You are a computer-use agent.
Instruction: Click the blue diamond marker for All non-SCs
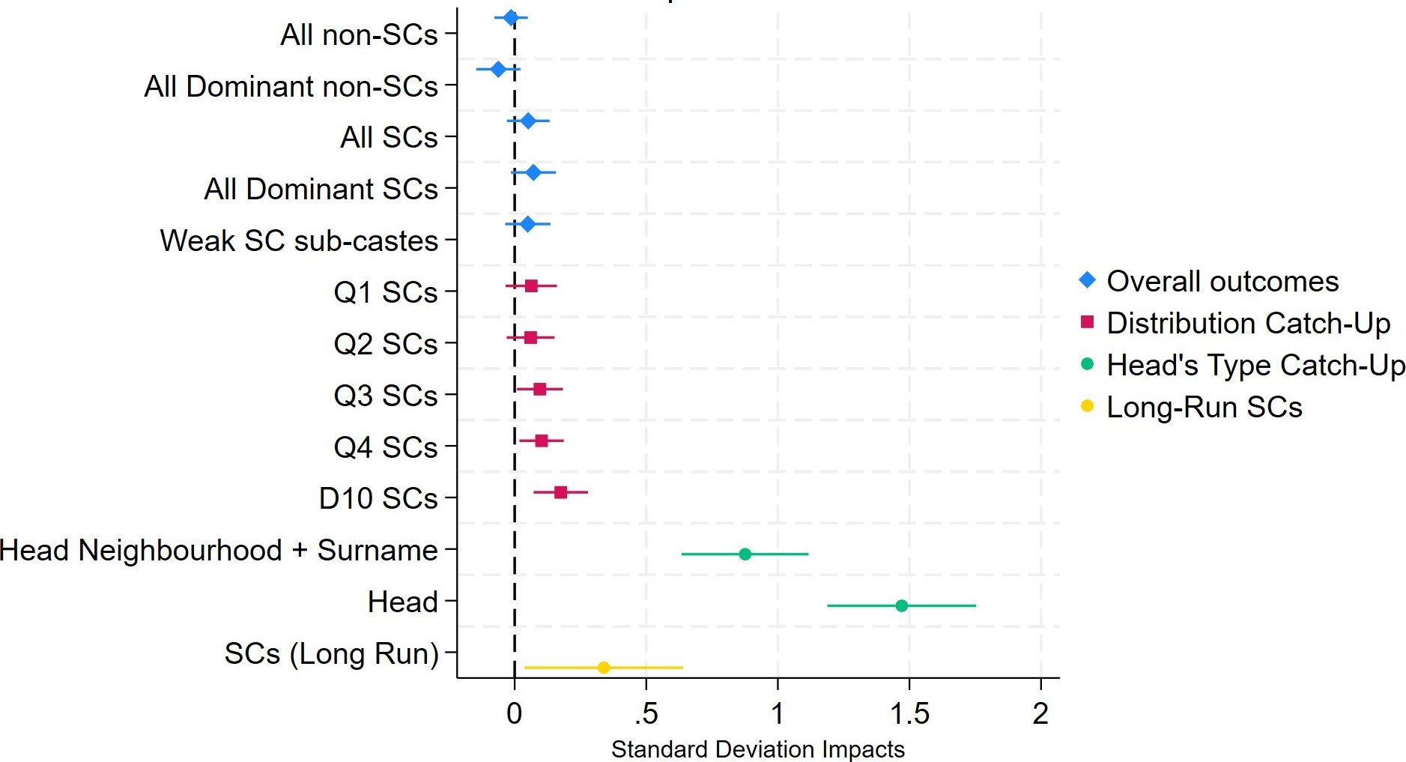pos(511,18)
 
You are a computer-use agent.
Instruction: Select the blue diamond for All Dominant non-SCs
pos(498,70)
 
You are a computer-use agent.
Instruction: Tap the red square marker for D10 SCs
pos(560,492)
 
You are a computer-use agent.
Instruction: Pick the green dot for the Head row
pos(902,605)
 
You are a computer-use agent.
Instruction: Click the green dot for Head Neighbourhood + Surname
pos(745,554)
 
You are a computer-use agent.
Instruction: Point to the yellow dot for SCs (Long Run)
pos(604,668)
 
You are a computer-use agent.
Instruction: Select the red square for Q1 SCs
pos(531,285)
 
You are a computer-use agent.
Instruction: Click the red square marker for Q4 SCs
pos(541,441)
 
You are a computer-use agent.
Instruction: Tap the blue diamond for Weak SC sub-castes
pos(527,224)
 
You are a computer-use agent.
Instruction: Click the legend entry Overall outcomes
pos(1222,282)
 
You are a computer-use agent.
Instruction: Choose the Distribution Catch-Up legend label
pos(1248,324)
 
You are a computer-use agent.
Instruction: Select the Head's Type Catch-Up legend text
pos(1255,366)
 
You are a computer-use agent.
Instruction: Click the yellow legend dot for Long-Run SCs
pos(1088,407)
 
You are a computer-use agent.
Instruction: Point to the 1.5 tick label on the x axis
pos(909,714)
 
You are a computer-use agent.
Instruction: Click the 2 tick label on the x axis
pos(1040,714)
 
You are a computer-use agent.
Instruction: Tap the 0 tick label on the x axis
pos(514,714)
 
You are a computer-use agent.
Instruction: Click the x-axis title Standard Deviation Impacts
pos(758,749)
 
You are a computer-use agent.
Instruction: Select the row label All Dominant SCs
pos(321,189)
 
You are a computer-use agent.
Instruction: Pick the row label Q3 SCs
pos(386,396)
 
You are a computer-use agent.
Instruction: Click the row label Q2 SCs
pos(386,344)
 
